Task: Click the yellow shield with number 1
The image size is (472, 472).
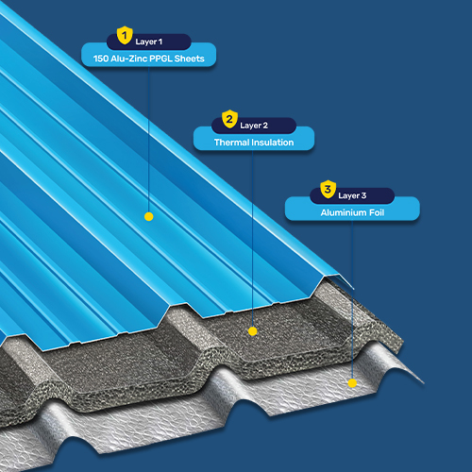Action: pyautogui.click(x=125, y=35)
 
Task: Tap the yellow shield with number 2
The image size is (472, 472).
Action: pyautogui.click(x=229, y=119)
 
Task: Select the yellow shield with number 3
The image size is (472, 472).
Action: pyautogui.click(x=329, y=189)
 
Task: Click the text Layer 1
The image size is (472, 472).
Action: pyautogui.click(x=149, y=42)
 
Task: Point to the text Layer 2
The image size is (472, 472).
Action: pyautogui.click(x=254, y=126)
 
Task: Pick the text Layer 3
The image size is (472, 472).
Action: pyautogui.click(x=352, y=195)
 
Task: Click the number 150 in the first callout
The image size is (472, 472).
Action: pyautogui.click(x=101, y=59)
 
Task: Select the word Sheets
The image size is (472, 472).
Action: pyautogui.click(x=190, y=59)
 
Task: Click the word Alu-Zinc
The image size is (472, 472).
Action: pyautogui.click(x=129, y=59)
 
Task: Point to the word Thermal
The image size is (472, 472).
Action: pyautogui.click(x=232, y=143)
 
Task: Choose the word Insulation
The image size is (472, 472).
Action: pyautogui.click(x=273, y=143)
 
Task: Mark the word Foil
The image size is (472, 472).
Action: pyautogui.click(x=377, y=212)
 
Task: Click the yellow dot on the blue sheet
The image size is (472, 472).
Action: pyautogui.click(x=149, y=216)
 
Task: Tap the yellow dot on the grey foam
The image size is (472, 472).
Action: pyautogui.click(x=253, y=331)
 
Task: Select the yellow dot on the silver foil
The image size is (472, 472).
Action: pyautogui.click(x=352, y=383)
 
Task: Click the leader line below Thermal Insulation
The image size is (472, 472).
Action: pyautogui.click(x=252, y=239)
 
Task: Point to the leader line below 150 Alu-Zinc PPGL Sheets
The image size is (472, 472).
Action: pyautogui.click(x=148, y=140)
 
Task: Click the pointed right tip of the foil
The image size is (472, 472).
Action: pyautogui.click(x=424, y=383)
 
